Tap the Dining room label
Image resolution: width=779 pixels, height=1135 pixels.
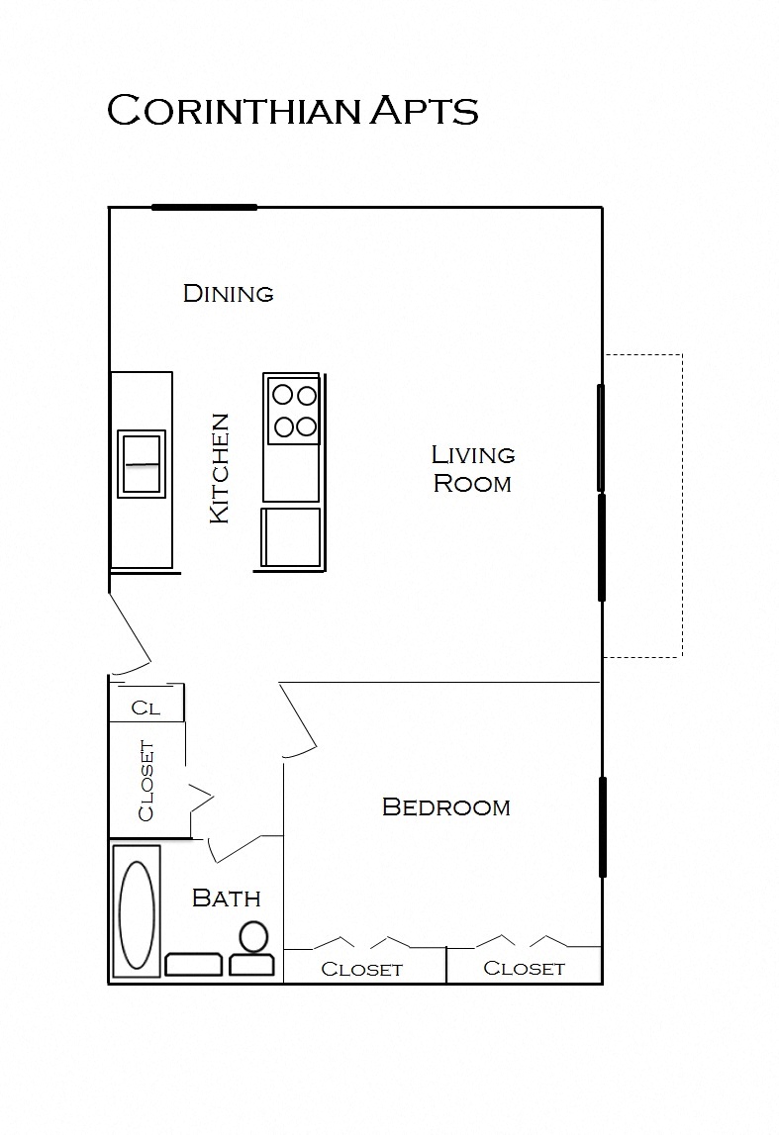pos(228,293)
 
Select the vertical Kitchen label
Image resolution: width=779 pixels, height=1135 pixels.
pos(219,468)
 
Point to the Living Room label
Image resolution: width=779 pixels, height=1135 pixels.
pos(473,469)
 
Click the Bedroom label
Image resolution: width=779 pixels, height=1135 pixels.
pos(445,807)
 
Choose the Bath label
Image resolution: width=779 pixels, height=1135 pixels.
pos(226,899)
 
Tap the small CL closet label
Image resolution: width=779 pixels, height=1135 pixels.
pos(146,709)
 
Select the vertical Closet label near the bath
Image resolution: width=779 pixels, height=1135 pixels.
pos(146,780)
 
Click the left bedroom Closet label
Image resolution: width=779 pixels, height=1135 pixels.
pos(361,970)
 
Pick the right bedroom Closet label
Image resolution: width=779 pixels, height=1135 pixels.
pos(524,969)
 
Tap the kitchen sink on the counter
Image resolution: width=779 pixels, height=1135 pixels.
pos(142,463)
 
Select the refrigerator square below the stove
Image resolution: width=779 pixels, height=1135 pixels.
pos(291,537)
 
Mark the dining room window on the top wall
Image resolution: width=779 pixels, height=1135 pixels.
pos(204,208)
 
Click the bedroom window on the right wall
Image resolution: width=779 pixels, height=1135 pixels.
pos(602,827)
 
